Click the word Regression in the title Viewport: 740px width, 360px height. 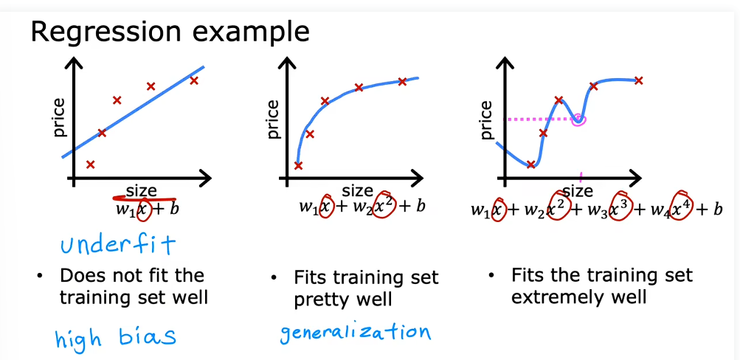point(106,32)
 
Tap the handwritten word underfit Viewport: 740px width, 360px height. point(118,244)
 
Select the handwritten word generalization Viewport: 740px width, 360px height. point(356,333)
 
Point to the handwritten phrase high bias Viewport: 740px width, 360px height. point(116,336)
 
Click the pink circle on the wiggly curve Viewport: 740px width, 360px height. point(578,120)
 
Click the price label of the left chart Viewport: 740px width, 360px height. point(60,117)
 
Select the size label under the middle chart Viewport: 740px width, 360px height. point(357,191)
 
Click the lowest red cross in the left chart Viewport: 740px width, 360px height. point(91,165)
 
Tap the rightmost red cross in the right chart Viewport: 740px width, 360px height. point(638,80)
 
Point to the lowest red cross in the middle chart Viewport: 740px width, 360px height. point(298,165)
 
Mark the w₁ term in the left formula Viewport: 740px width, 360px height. point(125,209)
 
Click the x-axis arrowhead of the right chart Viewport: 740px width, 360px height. point(634,179)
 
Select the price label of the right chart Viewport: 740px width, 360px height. point(485,120)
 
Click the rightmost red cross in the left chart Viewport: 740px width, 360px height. point(193,80)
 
